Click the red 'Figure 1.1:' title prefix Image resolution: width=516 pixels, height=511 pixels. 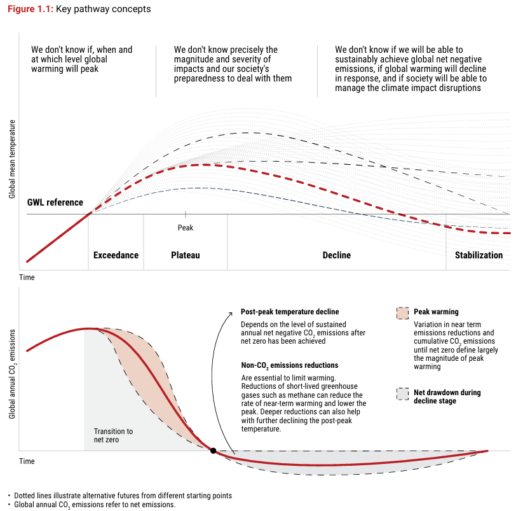tap(31, 9)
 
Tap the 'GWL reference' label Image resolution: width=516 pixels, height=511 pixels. tap(55, 202)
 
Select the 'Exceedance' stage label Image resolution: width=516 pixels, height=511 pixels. tap(116, 255)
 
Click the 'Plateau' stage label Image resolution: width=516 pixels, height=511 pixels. tap(186, 255)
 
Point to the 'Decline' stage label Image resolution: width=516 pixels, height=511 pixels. tap(337, 255)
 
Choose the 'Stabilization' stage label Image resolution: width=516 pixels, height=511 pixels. tap(479, 255)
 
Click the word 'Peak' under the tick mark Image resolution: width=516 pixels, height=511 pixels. tap(186, 228)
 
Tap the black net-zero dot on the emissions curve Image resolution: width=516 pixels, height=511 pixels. tap(214, 451)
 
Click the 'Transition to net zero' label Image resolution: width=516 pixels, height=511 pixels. tap(113, 435)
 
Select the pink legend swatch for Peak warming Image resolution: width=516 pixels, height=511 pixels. tap(402, 313)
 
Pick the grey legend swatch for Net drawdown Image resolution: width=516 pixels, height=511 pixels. tap(402, 394)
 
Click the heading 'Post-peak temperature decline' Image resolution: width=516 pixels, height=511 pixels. tap(290, 312)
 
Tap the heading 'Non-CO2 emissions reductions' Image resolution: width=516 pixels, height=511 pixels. tap(290, 365)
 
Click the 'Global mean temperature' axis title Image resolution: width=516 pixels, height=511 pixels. tap(12, 159)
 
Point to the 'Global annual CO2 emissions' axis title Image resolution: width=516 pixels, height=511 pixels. tap(12, 374)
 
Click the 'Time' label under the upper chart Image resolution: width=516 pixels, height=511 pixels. tap(27, 277)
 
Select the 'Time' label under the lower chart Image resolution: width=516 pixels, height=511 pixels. tap(27, 461)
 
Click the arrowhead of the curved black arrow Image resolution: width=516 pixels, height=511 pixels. tap(231, 313)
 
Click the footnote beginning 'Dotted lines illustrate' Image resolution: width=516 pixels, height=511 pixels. tap(123, 496)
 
